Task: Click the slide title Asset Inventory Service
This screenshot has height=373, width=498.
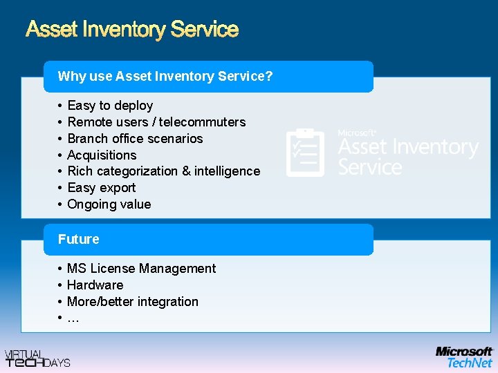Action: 132,30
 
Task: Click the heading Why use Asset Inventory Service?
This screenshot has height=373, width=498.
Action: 165,76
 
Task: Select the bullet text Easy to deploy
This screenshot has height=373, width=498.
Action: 110,106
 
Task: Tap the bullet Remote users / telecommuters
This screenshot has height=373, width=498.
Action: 156,122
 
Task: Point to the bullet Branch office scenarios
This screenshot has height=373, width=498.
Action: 135,139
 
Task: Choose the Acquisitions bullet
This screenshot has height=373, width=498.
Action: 102,155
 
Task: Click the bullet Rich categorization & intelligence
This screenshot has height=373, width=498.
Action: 163,171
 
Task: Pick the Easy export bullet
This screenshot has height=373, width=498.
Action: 102,188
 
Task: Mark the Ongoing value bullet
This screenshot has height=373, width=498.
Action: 109,204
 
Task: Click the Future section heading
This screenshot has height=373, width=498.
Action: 79,239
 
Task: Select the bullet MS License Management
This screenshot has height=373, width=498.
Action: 141,269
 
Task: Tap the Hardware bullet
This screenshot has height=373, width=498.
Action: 95,285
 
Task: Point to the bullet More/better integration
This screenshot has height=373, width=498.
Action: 132,302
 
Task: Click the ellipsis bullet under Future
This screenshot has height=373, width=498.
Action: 73,318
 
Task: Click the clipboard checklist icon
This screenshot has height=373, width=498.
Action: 304,153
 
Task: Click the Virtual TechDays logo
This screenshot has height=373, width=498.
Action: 37,358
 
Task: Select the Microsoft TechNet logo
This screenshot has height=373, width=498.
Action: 464,357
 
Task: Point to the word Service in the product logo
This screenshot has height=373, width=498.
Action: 370,167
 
